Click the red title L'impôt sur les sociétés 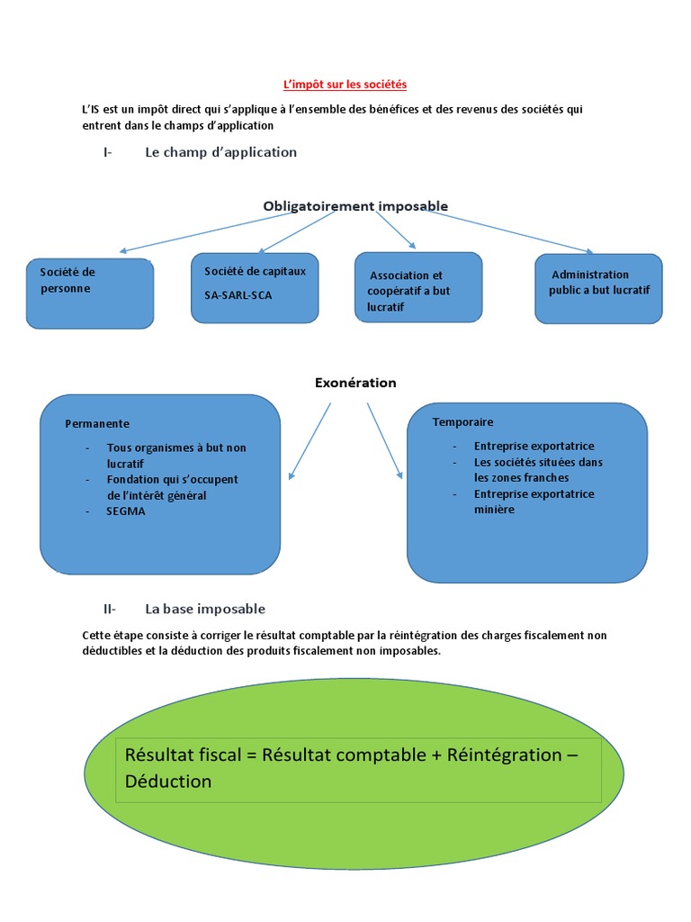345,84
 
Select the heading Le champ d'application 220,152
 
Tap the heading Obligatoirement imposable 355,206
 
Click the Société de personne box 90,294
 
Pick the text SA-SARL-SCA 238,294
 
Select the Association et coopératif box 418,286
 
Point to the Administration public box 598,288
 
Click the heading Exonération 355,383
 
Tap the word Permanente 97,423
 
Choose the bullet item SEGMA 126,511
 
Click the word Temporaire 462,421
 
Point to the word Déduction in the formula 168,782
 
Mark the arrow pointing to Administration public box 513,230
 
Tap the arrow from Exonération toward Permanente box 310,439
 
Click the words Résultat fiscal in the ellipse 184,755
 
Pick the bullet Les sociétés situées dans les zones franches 538,470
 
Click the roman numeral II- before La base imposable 110,609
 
